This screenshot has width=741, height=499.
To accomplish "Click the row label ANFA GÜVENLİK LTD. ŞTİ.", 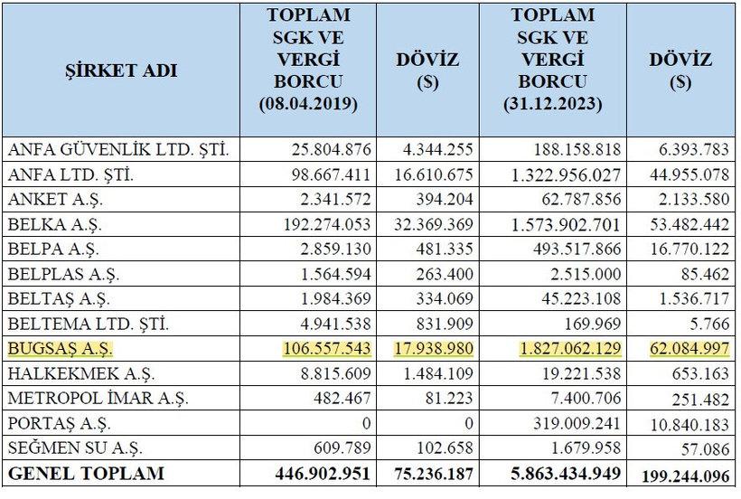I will (117, 150).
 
